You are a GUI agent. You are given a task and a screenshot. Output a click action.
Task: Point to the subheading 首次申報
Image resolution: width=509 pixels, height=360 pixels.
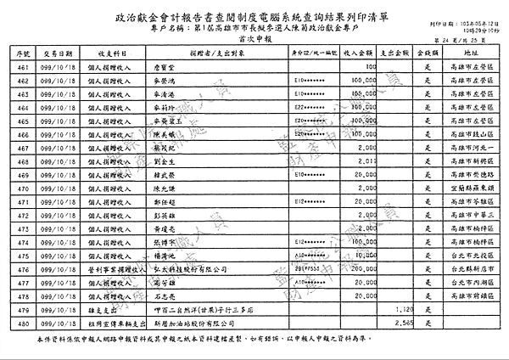pyautogui.click(x=254, y=39)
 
